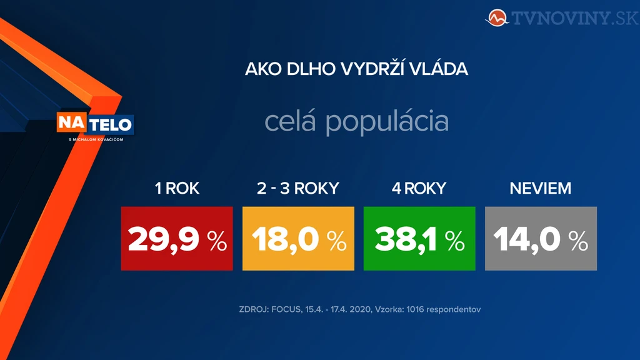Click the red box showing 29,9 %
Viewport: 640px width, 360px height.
[177, 238]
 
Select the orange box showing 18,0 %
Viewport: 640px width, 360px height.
[298, 238]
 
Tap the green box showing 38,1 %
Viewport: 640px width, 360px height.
[419, 238]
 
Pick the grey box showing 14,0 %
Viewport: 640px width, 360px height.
[541, 238]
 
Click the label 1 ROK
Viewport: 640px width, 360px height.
[177, 188]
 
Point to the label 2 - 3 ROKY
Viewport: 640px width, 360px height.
[298, 188]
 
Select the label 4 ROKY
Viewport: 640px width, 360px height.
[419, 188]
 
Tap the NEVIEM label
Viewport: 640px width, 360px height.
[541, 188]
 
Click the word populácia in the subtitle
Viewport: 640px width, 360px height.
[387, 122]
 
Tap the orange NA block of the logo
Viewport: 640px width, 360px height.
[72, 122]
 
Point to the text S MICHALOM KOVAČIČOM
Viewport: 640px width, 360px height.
[96, 139]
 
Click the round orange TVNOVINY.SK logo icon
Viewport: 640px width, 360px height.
[497, 18]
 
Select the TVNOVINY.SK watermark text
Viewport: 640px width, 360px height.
[575, 18]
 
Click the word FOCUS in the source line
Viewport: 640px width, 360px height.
[286, 309]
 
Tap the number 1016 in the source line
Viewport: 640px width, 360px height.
[415, 309]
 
